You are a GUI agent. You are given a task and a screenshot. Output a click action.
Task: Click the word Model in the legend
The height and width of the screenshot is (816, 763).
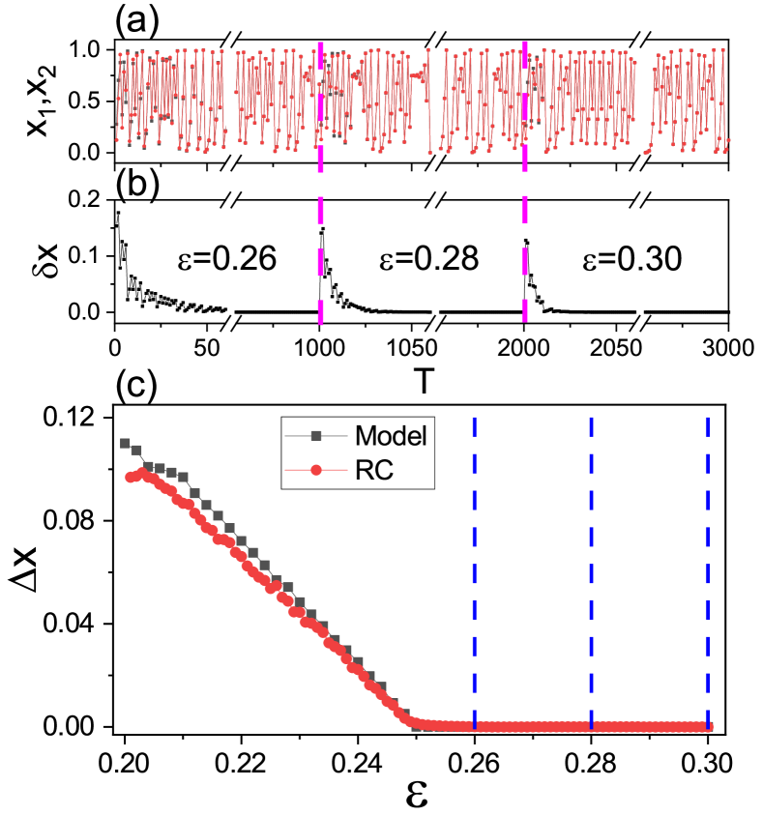click(x=391, y=435)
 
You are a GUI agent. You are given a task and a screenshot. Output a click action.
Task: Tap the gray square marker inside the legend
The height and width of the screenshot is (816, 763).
click(x=315, y=436)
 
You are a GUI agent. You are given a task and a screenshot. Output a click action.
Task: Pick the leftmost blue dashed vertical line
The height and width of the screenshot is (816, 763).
click(x=474, y=570)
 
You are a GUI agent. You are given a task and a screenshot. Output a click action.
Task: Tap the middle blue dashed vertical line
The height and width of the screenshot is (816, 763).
click(x=591, y=570)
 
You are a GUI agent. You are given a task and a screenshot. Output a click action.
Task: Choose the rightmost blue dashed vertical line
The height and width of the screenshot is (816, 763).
click(x=707, y=570)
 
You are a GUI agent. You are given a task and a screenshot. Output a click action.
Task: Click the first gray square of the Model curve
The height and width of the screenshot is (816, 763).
click(x=125, y=443)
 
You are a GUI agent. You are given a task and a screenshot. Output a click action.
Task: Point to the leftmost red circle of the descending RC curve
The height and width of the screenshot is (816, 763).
click(x=130, y=477)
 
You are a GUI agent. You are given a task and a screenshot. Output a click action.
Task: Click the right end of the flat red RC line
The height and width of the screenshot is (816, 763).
click(x=710, y=727)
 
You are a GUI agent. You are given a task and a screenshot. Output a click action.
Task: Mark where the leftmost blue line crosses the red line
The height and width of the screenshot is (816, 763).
click(x=474, y=726)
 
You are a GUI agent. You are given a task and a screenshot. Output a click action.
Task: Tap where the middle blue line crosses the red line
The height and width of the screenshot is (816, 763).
click(x=591, y=726)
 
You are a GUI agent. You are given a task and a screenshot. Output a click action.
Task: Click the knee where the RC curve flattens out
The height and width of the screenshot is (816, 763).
click(x=411, y=721)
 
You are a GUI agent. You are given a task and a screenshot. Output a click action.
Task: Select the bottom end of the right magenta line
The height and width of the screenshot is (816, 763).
click(x=524, y=320)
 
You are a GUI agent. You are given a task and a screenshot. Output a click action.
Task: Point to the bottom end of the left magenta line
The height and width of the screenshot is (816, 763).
click(x=320, y=322)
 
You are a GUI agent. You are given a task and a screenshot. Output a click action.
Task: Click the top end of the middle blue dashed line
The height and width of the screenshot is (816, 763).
click(x=591, y=419)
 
